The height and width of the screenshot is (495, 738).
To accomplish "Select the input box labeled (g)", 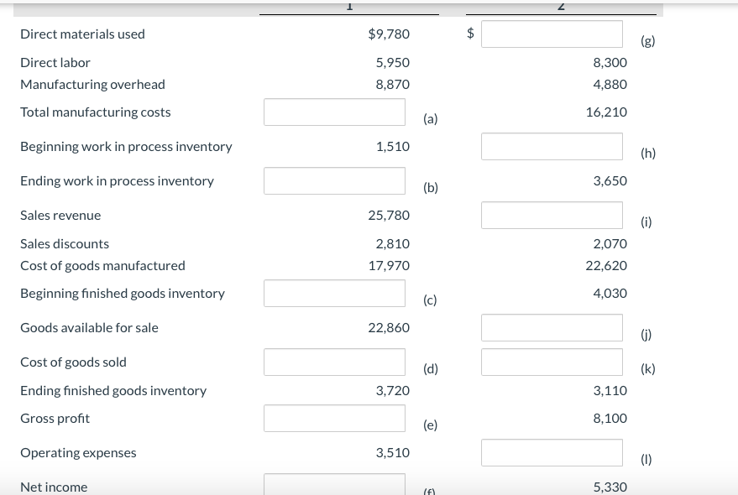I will (552, 34).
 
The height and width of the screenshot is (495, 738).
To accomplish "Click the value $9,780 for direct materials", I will (389, 34).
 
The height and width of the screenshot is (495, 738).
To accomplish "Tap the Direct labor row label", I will (55, 62).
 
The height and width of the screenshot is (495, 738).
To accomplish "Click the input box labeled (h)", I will (552, 147).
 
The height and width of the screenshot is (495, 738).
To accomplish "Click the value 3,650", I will (610, 180).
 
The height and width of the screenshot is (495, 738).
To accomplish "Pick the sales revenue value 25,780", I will (389, 216).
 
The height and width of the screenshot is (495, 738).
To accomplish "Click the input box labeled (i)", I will (552, 216).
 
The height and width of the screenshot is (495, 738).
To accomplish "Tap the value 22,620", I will (606, 265).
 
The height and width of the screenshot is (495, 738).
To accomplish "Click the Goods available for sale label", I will (89, 328).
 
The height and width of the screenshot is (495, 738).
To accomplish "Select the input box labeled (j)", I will (552, 328).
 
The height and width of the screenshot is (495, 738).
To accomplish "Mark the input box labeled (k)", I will (552, 362).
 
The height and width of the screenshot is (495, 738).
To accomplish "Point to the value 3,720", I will (393, 391).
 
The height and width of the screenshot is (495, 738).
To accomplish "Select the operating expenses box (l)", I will (552, 453).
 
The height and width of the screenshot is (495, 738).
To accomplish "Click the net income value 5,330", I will (610, 487).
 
